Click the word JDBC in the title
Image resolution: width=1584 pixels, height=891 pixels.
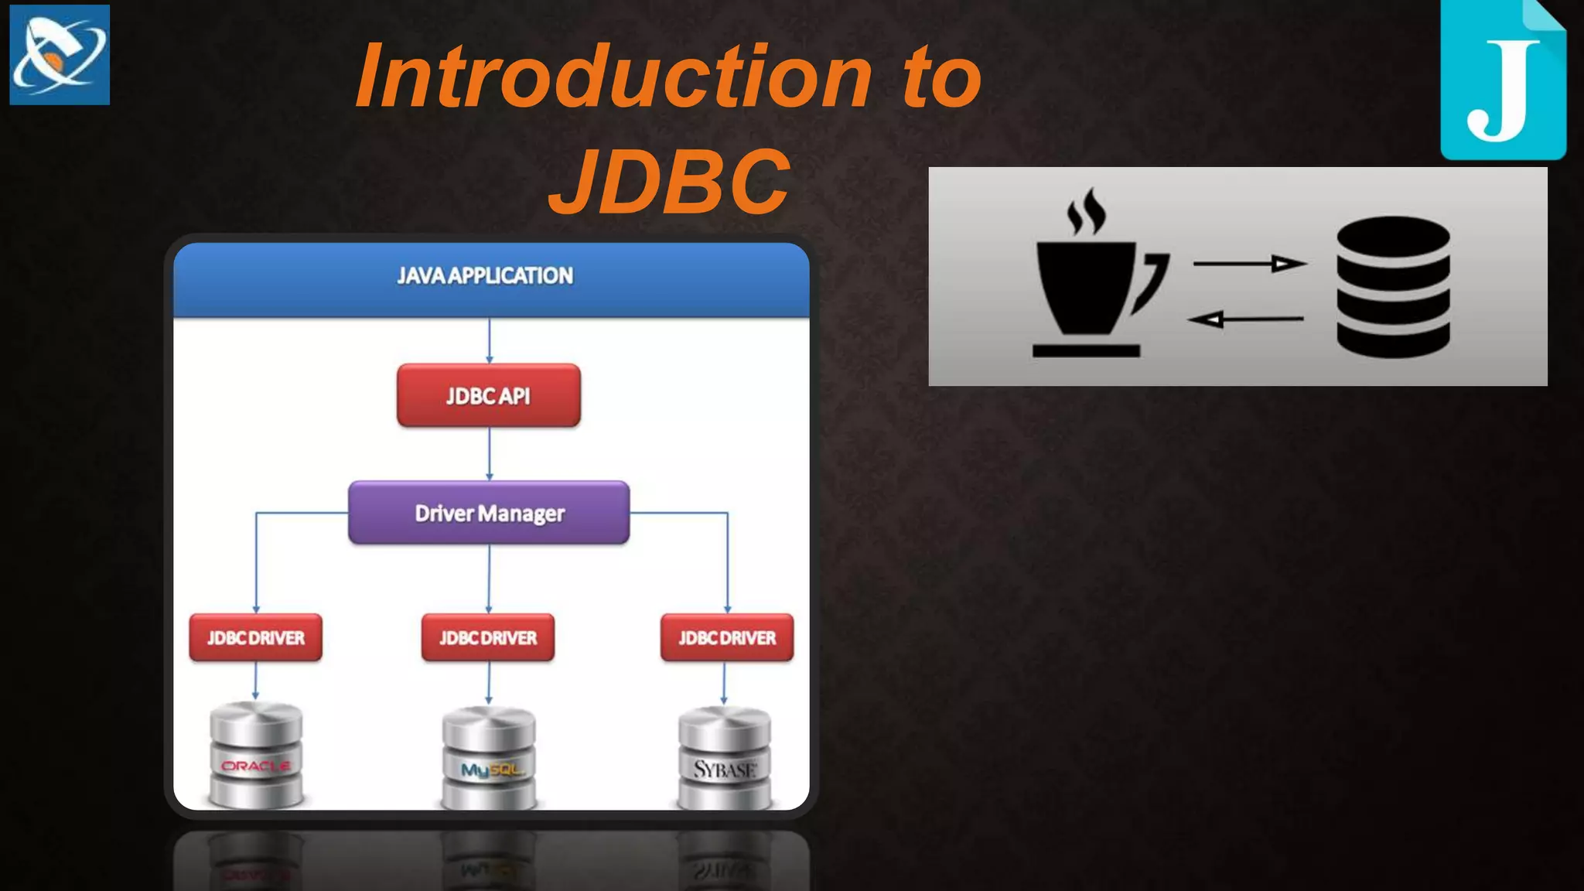(670, 183)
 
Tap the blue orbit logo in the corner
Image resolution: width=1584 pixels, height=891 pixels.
(60, 55)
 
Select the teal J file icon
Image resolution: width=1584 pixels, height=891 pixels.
(1502, 81)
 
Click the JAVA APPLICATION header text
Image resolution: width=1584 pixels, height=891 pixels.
(485, 275)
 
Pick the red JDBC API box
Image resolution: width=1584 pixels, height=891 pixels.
(488, 395)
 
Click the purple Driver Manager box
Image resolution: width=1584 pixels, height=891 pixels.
(489, 513)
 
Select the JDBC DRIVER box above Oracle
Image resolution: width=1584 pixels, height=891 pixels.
(255, 637)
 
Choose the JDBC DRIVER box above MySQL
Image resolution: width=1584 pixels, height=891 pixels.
(488, 637)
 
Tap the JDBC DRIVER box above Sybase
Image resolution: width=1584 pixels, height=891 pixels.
(727, 637)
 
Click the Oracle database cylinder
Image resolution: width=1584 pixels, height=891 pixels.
(256, 756)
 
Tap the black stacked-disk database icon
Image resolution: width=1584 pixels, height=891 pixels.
(1393, 286)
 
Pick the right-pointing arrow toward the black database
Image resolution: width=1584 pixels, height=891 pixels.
(1249, 264)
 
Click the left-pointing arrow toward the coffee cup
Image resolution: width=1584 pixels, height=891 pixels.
(1245, 319)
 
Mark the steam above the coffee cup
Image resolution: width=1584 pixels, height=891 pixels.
(1086, 210)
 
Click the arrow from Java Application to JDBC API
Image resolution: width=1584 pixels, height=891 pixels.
(489, 340)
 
